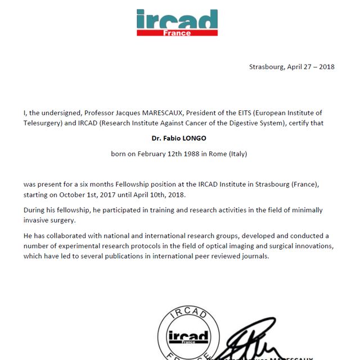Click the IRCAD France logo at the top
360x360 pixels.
(177, 22)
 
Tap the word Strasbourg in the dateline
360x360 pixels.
(267, 66)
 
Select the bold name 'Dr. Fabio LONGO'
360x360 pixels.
(179, 137)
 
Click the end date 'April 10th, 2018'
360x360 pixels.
(161, 194)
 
